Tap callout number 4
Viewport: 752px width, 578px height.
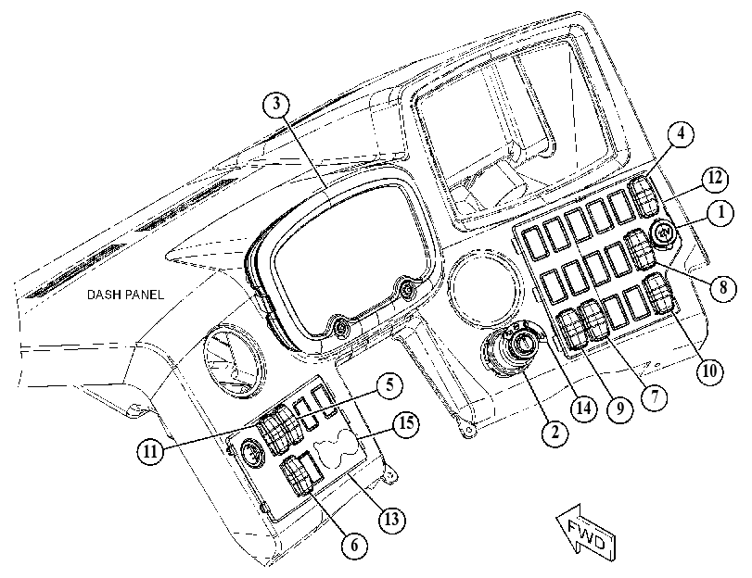coord(680,134)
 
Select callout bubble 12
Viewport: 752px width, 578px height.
coord(714,179)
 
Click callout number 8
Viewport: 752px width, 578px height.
coord(722,287)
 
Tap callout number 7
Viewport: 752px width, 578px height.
coord(655,396)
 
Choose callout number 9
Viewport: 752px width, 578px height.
coord(620,408)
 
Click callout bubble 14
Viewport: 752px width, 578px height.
coord(583,408)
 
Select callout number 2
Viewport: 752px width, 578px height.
coord(554,433)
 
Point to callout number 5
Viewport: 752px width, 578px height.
coord(389,386)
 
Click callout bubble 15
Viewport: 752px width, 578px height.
coord(406,424)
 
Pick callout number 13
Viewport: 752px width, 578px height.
coord(392,519)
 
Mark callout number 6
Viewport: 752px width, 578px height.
coord(354,545)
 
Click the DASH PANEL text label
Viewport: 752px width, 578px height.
coord(125,295)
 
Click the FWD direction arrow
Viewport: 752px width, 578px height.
coord(586,532)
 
